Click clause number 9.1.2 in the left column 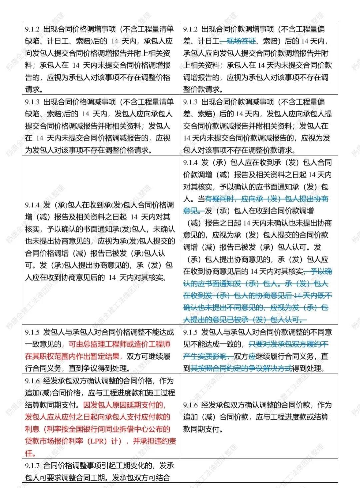[32, 29]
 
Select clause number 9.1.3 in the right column [190, 102]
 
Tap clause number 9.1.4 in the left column [32, 205]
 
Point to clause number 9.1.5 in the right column [190, 332]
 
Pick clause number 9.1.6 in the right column [190, 405]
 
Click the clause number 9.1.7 [32, 466]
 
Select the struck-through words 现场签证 [241, 41]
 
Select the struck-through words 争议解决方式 [273, 368]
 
